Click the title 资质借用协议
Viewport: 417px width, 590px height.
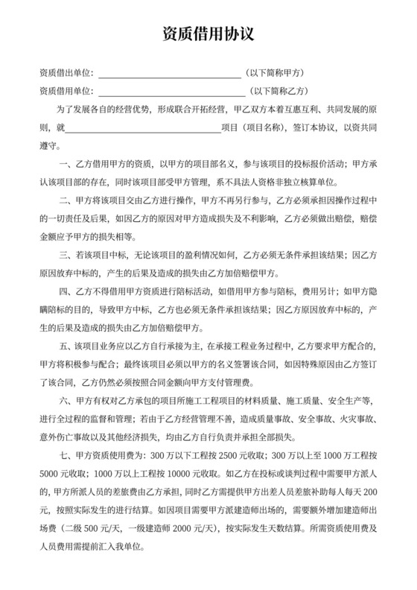(208, 35)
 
